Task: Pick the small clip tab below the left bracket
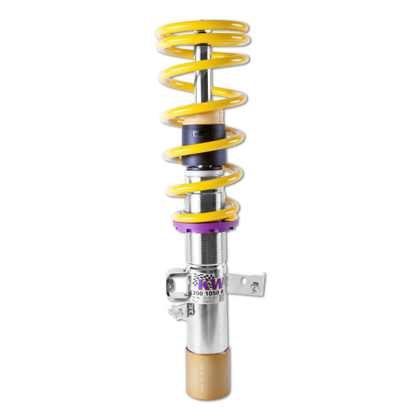pos(176,311)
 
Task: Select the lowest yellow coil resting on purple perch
pos(204,215)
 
